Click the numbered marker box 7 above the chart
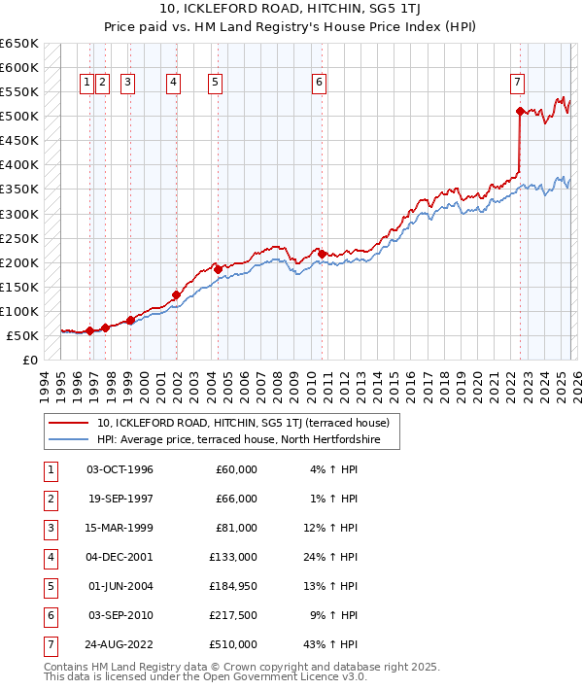coord(518,83)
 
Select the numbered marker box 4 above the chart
coord(172,83)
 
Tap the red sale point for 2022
coord(520,111)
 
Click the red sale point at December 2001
coord(176,294)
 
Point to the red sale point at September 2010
coord(322,254)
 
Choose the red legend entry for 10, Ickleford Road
coord(243,423)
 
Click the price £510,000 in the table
coord(236,644)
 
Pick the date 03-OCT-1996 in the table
coord(120,469)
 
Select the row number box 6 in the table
coord(49,615)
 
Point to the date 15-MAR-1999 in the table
coord(120,528)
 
